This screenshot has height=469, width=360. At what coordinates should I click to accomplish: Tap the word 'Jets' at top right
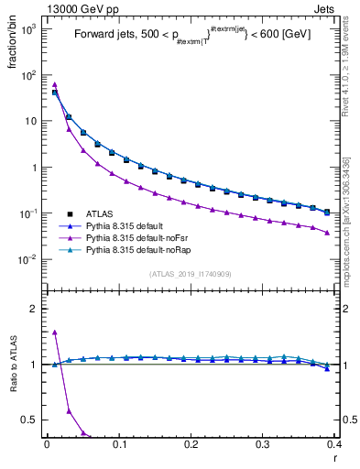pos(323,8)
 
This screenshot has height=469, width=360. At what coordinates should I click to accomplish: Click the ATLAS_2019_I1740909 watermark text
pos(190,274)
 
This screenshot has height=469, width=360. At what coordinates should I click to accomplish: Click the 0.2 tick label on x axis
pos(191,443)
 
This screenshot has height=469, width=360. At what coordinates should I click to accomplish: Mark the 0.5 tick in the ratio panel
pos(31,420)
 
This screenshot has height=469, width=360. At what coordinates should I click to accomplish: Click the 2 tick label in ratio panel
pos(35,309)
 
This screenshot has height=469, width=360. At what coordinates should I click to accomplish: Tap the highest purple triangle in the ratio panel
pos(55,333)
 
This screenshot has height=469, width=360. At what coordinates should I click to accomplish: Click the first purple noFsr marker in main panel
pos(55,84)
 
